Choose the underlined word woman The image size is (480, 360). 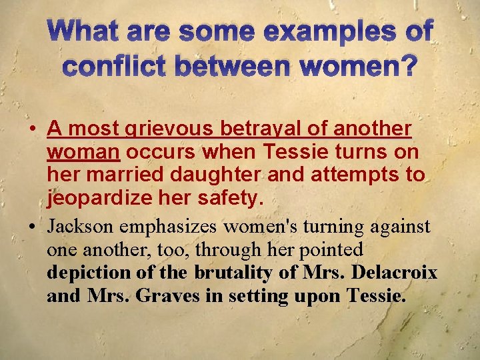pos(83,151)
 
